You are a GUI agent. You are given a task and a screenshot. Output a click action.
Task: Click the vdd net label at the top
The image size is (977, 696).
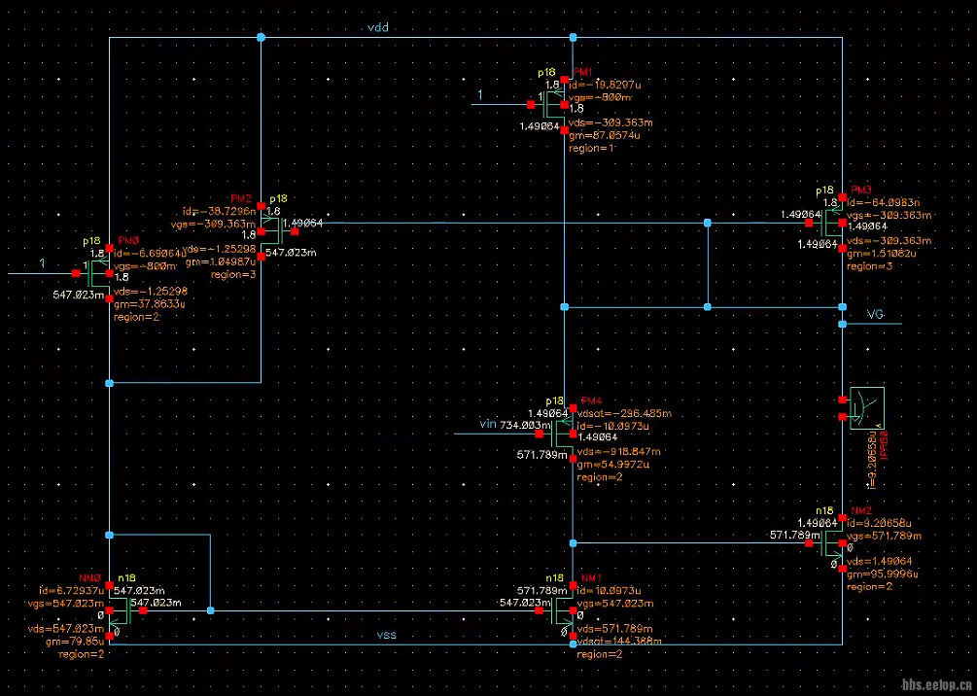[377, 28]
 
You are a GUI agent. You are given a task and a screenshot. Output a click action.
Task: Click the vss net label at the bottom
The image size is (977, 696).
[387, 635]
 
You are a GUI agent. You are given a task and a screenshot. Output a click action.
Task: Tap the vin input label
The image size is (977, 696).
[488, 424]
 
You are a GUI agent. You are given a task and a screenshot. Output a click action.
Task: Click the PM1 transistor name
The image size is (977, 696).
[583, 73]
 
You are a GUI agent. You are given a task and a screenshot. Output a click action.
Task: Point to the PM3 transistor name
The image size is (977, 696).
[861, 190]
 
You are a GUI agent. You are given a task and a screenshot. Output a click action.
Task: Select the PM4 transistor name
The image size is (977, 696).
[590, 401]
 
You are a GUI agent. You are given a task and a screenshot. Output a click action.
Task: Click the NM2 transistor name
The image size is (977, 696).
[860, 510]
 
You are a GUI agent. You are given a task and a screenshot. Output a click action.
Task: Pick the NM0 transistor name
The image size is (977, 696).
[89, 578]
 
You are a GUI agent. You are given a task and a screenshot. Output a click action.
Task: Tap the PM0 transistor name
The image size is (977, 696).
[127, 240]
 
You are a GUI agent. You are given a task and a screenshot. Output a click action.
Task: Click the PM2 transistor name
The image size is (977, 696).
[241, 197]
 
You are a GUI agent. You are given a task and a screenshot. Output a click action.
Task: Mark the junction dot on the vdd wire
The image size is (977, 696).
[261, 38]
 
